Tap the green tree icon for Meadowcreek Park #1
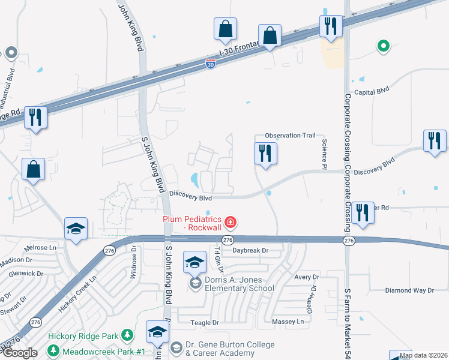click(53, 350)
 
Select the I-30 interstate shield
click(210, 63)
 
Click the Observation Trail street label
click(291, 136)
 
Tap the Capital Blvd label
click(372, 92)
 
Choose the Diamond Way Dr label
click(409, 290)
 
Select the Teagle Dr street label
click(205, 322)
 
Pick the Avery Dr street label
click(306, 277)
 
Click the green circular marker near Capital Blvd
click(382, 45)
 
